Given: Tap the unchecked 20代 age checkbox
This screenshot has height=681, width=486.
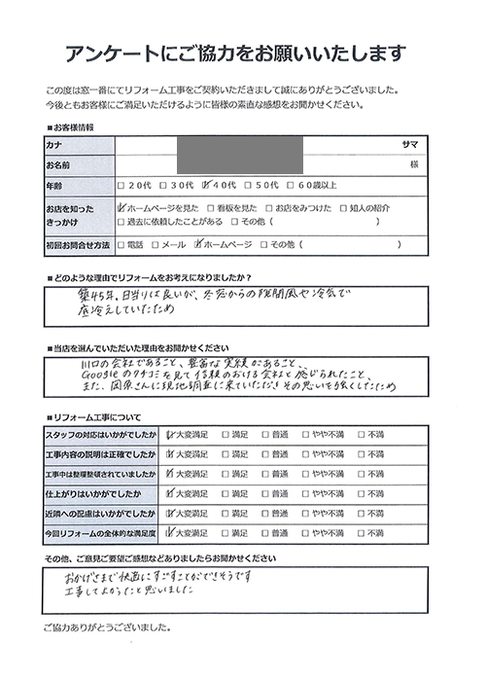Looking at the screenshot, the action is (120, 185).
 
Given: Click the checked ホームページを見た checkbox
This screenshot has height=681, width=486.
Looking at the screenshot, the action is (120, 207).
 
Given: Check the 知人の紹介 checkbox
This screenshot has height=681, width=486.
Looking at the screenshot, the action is (344, 207).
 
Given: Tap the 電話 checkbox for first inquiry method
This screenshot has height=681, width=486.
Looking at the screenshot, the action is (120, 246).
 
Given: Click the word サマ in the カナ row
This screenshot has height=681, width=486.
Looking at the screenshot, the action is (410, 144).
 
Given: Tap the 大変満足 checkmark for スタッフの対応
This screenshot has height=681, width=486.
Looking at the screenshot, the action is (173, 434).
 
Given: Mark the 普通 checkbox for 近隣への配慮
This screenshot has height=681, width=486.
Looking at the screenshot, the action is (275, 512).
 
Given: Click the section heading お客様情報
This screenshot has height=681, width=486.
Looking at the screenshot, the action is (73, 127).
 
